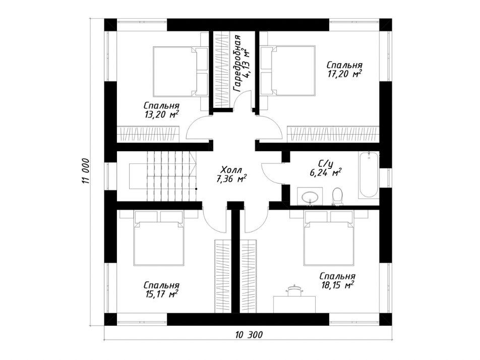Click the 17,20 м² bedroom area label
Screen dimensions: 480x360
(x=344, y=70)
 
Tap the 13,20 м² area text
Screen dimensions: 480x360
(x=161, y=110)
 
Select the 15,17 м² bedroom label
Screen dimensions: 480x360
(x=161, y=289)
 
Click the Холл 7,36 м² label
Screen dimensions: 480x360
(x=231, y=174)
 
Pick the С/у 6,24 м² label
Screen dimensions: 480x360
(x=326, y=169)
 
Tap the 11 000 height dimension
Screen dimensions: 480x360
(x=85, y=171)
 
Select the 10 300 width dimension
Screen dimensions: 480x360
(x=249, y=335)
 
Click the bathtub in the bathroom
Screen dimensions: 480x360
(x=369, y=174)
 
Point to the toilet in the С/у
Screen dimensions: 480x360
(x=337, y=196)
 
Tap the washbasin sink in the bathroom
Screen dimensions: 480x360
(x=310, y=196)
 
